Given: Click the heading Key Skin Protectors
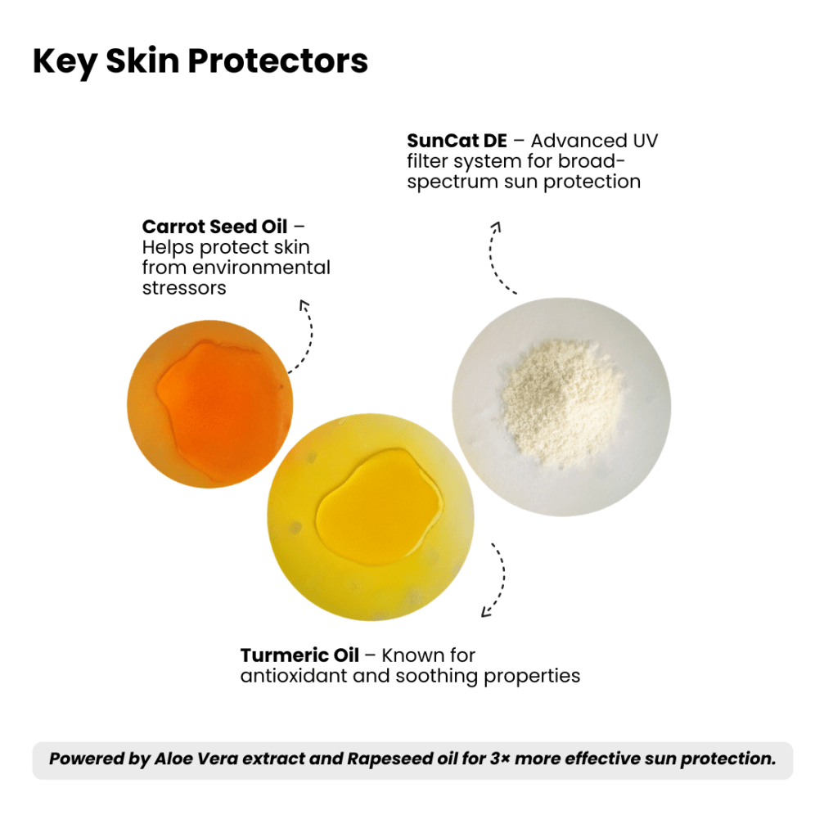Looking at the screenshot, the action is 200,62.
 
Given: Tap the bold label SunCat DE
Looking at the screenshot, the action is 457,141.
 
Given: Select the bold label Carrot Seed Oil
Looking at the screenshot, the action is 214,227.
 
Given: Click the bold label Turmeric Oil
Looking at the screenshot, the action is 299,655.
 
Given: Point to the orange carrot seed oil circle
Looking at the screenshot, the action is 210,404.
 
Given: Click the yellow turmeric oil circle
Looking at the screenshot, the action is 371,517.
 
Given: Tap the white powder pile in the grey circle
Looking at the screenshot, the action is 562,401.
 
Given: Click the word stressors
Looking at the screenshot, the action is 184,288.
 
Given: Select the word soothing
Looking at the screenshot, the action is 437,677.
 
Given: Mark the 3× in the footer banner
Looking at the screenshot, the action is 499,759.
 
